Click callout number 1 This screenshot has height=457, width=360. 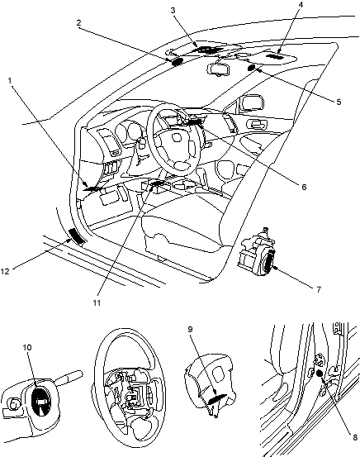coord(10,80)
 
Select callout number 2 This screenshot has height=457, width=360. coord(79,23)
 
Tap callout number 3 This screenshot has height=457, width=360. coord(173,11)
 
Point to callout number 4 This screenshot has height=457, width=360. coord(301,4)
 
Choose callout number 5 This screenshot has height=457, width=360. coord(339,102)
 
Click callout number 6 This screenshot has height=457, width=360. coord(304,187)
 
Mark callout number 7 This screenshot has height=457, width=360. coord(319,289)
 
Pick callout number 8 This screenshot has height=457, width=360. coord(355,437)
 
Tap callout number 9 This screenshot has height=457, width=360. coord(190,330)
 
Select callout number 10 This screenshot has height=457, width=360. coord(27,347)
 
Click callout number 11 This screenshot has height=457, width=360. coord(97,302)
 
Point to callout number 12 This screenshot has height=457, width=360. coord(5,271)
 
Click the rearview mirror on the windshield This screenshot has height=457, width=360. coord(219,69)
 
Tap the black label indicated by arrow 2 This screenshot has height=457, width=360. coord(177,61)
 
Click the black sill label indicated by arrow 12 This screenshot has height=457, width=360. coord(77,236)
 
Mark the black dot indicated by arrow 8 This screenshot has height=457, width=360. coord(319,374)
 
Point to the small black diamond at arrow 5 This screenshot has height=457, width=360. coord(251,69)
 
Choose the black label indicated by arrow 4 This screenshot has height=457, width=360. coord(275,56)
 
